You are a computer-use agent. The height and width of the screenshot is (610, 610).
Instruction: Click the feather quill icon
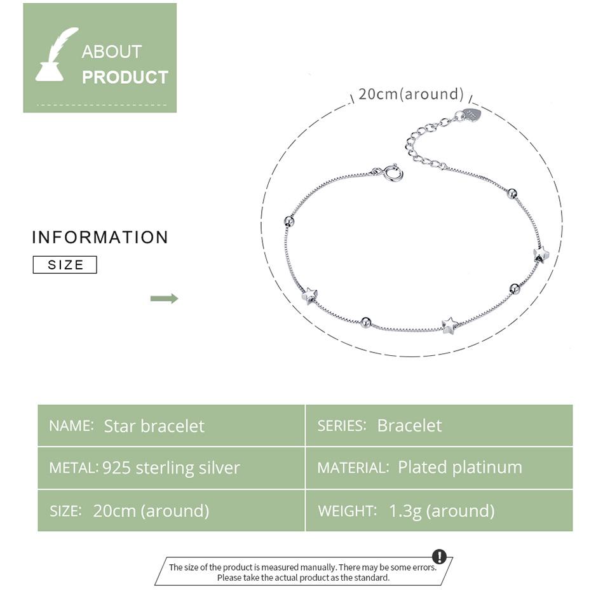[55, 55]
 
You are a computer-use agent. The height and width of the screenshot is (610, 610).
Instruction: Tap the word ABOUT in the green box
[111, 51]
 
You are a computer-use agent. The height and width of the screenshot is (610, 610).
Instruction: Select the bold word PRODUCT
[125, 77]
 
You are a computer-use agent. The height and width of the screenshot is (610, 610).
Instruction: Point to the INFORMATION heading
[100, 237]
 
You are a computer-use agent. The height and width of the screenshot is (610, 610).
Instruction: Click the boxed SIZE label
[65, 265]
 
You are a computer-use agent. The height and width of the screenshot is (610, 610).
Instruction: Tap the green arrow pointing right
[164, 299]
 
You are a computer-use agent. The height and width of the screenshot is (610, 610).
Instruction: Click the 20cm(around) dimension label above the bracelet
[411, 94]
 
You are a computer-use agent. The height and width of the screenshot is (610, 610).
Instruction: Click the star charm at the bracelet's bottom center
[449, 325]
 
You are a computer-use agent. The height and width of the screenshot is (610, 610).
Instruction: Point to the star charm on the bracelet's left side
[309, 295]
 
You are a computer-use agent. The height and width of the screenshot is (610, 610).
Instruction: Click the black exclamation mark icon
[439, 557]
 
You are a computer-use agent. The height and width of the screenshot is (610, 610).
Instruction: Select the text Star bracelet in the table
[154, 426]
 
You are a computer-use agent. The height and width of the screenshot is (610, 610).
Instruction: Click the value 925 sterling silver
[171, 468]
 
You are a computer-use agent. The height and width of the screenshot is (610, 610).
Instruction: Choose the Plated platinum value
[460, 467]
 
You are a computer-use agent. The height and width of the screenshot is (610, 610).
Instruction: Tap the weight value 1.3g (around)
[442, 511]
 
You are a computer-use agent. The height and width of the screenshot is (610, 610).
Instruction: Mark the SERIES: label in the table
[342, 426]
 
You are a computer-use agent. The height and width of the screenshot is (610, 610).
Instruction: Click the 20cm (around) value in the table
[151, 511]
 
